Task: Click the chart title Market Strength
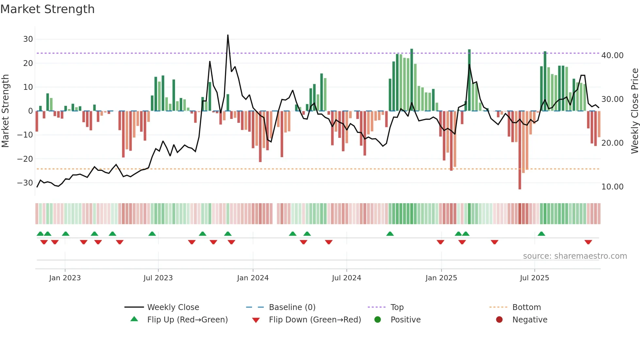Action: coord(47,9)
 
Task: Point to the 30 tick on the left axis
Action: coord(28,39)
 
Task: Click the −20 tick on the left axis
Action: coord(25,159)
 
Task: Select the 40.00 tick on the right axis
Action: coord(612,56)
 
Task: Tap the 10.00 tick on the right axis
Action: coord(612,187)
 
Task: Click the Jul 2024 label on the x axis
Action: coord(346,278)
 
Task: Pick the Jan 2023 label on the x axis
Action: coord(65,278)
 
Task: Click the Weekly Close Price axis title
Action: coord(634,111)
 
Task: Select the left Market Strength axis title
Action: coord(5,111)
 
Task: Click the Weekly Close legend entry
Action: coord(173,307)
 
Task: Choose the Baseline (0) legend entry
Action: coord(292,307)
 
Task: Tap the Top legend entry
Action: coord(397,307)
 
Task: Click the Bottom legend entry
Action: coord(526,307)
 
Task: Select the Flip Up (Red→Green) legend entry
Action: coord(187,320)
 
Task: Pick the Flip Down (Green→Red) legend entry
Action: coord(315,320)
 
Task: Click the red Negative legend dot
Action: coord(499,320)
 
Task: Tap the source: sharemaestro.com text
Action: coord(575,256)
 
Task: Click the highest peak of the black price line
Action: coord(228,35)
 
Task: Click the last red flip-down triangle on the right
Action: coord(588,242)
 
